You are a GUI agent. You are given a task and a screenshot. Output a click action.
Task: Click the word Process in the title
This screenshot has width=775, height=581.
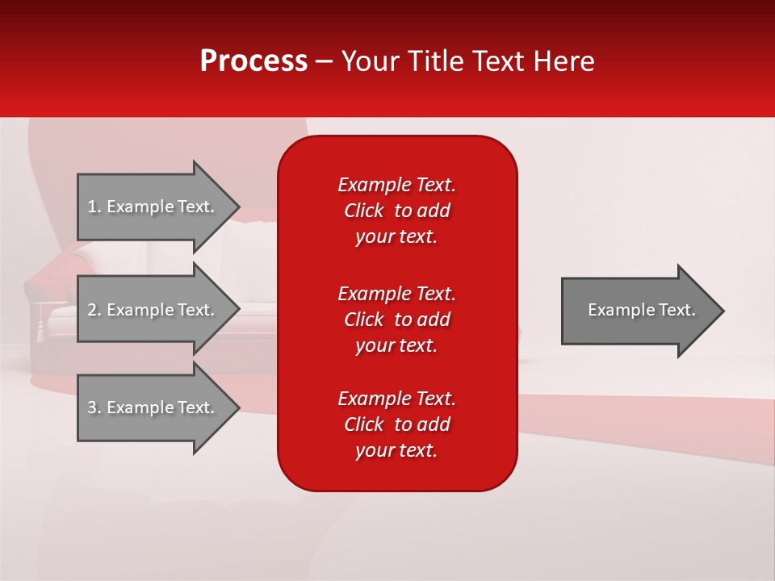pyautogui.click(x=253, y=61)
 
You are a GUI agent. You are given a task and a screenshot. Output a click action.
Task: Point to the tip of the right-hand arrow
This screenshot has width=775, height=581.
pyautogui.click(x=723, y=311)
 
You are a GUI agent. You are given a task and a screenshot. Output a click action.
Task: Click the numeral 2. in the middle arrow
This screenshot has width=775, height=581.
pyautogui.click(x=94, y=310)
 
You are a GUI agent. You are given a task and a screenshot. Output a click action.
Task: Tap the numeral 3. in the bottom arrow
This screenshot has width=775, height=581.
pyautogui.click(x=94, y=408)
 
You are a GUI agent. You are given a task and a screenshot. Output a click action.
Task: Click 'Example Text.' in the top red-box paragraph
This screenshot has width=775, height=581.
pyautogui.click(x=396, y=185)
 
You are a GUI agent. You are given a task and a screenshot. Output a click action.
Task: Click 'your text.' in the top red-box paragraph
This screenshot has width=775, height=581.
pyautogui.click(x=396, y=237)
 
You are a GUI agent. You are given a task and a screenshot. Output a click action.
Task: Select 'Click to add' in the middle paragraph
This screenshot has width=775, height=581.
pyautogui.click(x=396, y=320)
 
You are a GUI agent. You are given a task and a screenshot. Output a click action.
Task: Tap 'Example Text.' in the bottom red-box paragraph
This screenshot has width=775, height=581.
pyautogui.click(x=396, y=399)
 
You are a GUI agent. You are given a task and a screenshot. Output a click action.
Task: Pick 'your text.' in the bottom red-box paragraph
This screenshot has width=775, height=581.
pyautogui.click(x=396, y=451)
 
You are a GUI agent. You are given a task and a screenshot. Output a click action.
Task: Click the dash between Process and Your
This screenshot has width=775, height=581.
pyautogui.click(x=324, y=62)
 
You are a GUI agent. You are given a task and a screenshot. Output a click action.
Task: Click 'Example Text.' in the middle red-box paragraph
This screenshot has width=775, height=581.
pyautogui.click(x=396, y=293)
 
